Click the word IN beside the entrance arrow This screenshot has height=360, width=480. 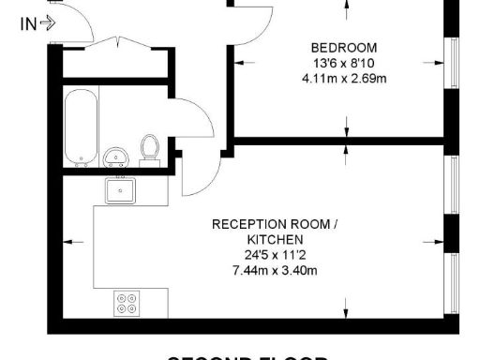[x=28, y=25]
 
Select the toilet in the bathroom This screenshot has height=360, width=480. [x=149, y=149]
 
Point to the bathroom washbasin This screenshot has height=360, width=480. [x=117, y=157]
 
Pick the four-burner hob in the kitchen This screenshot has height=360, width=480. [x=127, y=303]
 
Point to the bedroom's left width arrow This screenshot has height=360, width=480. [x=242, y=64]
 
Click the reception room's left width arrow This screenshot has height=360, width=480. [x=67, y=242]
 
